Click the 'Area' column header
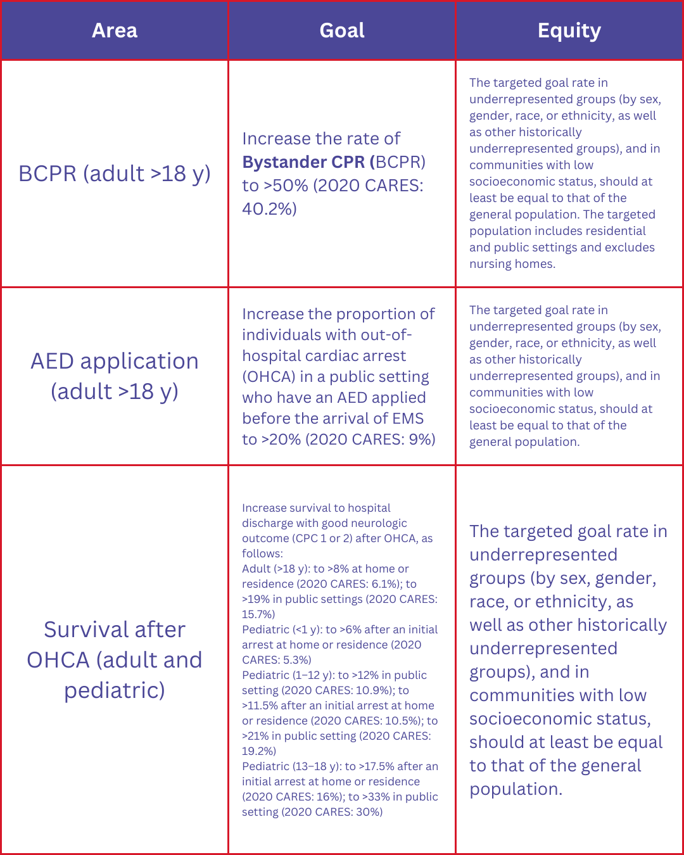115,30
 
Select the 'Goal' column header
342,30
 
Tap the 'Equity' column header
569,30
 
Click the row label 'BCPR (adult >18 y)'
115,174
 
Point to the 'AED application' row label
115,361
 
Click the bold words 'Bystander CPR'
303,162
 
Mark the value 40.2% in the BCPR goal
269,209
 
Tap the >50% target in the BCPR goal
285,186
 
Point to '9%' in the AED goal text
422,440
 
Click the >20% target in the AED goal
281,440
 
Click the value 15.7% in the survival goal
258,614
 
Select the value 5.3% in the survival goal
296,660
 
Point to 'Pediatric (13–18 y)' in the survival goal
291,766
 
